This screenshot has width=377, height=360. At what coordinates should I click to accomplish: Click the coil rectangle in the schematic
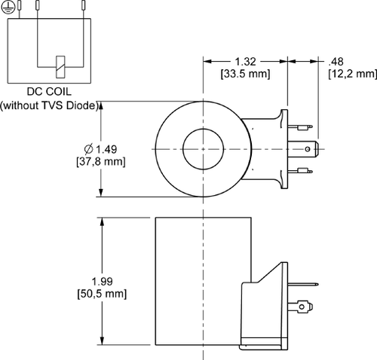[59, 65]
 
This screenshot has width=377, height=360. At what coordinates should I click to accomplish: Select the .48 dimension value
[336, 61]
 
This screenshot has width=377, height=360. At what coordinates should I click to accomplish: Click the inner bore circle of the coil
[203, 149]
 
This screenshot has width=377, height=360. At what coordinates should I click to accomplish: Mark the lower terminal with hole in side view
[305, 306]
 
